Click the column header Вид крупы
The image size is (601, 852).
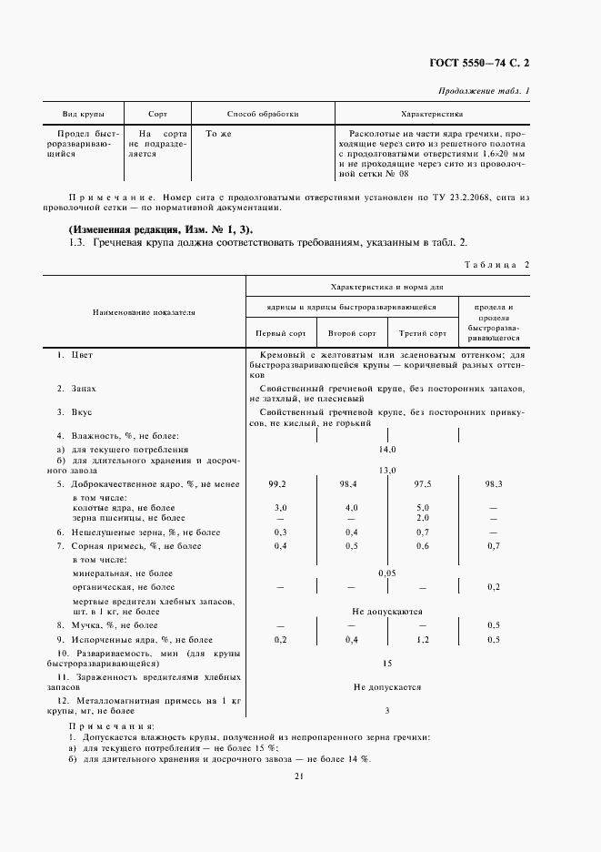pos(83,115)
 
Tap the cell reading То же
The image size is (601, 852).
pos(218,133)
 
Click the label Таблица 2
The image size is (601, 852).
pos(496,264)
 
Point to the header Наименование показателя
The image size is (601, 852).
pos(144,312)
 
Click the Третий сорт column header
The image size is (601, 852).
pos(424,333)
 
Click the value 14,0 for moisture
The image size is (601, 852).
pos(387,450)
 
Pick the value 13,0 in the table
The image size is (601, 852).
pos(387,470)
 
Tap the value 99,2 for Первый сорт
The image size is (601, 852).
pos(278,483)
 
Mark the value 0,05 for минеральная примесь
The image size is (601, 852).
pos(387,573)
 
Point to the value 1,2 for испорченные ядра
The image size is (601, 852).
pos(423,640)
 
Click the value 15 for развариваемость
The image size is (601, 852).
pos(387,664)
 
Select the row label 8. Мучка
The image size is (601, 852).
pos(107,625)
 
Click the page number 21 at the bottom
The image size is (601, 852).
pos(298,776)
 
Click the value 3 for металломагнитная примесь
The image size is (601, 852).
pos(387,710)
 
